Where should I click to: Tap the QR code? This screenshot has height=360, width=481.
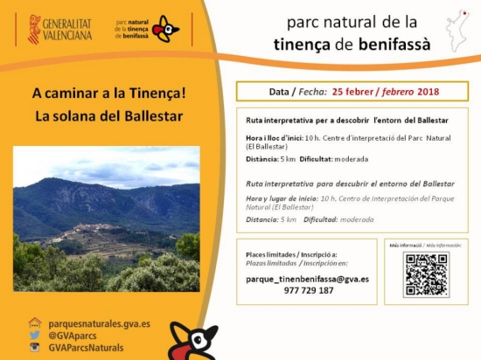tap(427, 275)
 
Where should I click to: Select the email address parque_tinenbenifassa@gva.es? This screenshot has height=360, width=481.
tap(307, 279)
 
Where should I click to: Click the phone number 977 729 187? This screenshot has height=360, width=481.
tap(307, 290)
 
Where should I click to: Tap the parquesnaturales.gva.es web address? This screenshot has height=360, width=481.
tap(99, 323)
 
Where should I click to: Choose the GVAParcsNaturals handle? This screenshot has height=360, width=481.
tap(86, 348)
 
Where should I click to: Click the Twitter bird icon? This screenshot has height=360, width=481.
tap(35, 336)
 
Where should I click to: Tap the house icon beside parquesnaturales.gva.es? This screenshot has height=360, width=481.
tap(35, 323)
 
